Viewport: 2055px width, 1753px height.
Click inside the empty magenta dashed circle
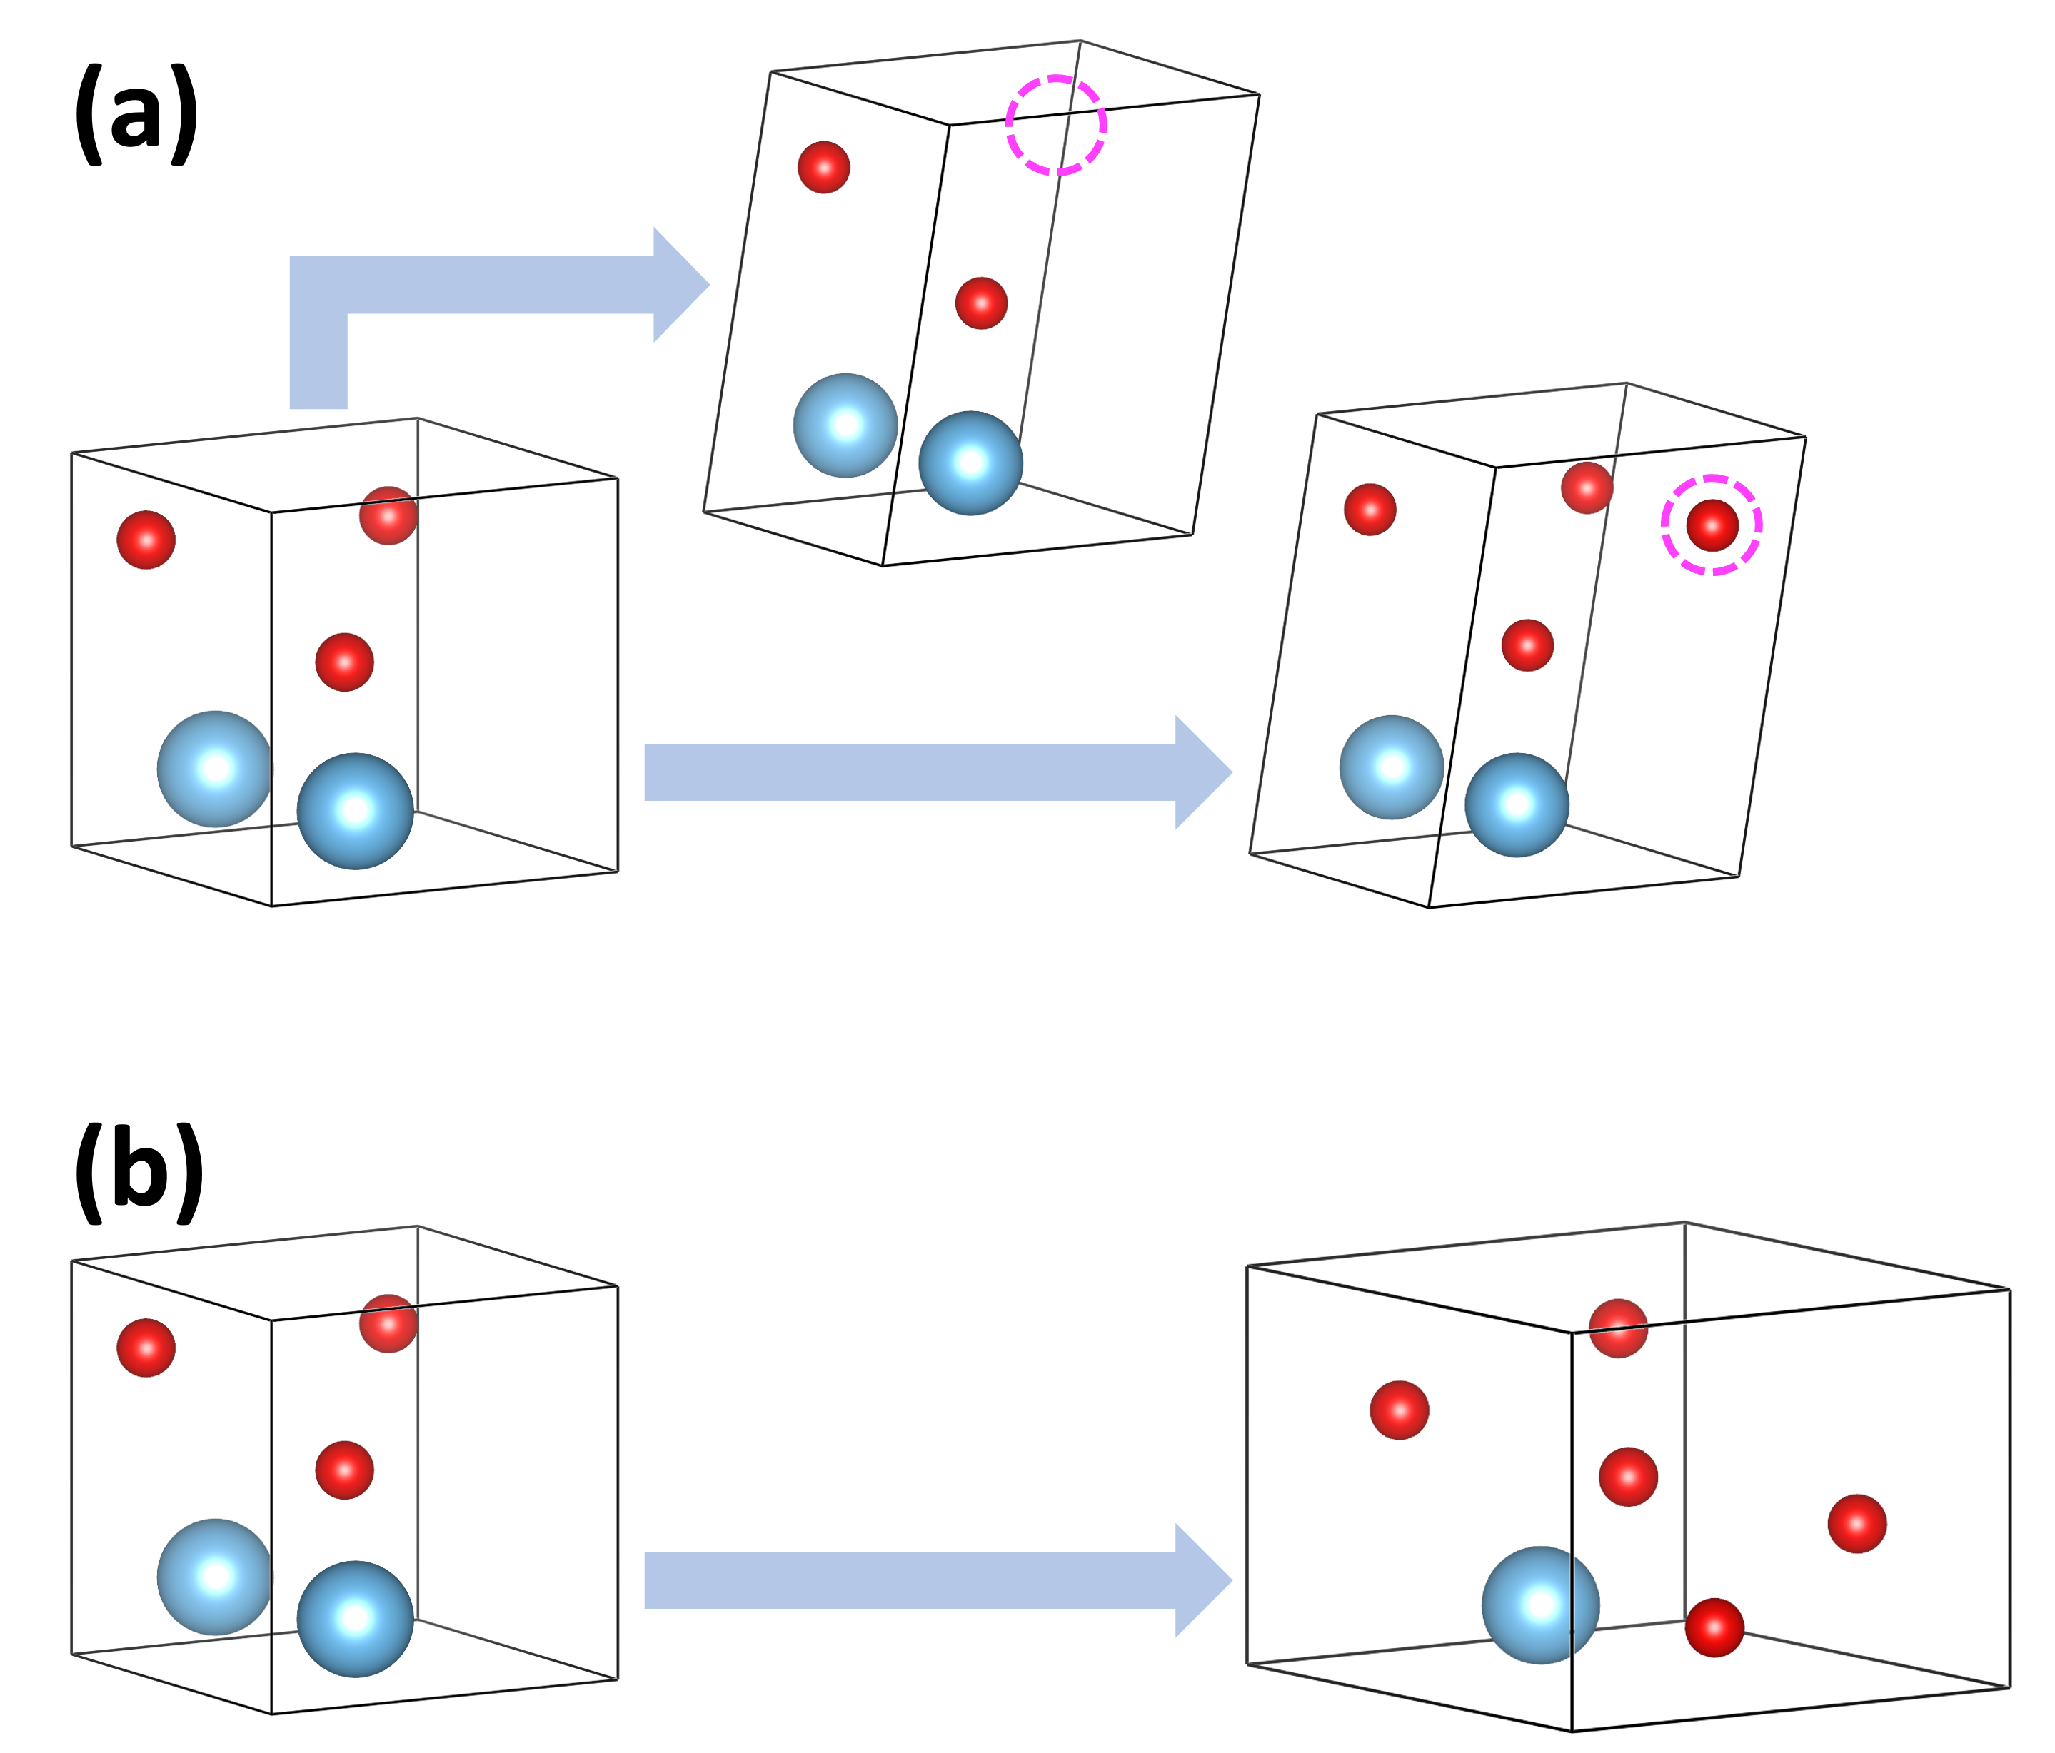(x=1055, y=126)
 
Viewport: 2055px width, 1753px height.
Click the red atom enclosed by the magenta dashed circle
(x=1712, y=525)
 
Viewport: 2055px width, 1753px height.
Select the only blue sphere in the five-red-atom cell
(x=1540, y=1605)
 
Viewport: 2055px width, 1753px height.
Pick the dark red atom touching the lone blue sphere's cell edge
(x=1714, y=1627)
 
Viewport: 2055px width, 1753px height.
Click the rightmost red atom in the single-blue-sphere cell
(x=1856, y=1523)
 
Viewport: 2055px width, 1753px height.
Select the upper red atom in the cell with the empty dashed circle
(x=823, y=166)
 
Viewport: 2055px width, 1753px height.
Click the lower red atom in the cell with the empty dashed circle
(x=981, y=303)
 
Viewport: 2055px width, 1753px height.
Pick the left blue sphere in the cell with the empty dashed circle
(x=845, y=425)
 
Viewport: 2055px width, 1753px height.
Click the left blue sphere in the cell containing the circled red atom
(x=1392, y=767)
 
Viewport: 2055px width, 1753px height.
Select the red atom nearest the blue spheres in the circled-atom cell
(x=1527, y=645)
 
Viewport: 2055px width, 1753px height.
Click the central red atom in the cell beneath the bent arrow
(x=344, y=662)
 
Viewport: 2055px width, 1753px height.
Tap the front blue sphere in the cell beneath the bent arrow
(x=355, y=811)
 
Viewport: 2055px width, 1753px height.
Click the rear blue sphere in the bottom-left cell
(x=213, y=1577)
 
